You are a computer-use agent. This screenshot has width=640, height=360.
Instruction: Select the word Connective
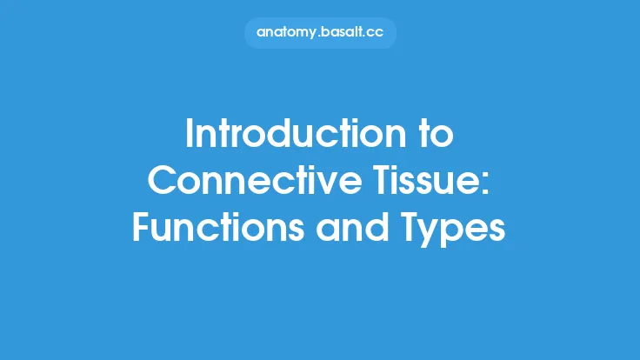click(x=247, y=181)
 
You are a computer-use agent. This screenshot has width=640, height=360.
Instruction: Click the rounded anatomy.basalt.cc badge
click(x=320, y=33)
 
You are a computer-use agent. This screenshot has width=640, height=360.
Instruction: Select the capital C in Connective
click(x=163, y=181)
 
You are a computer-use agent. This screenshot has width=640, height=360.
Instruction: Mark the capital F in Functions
click(x=141, y=227)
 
